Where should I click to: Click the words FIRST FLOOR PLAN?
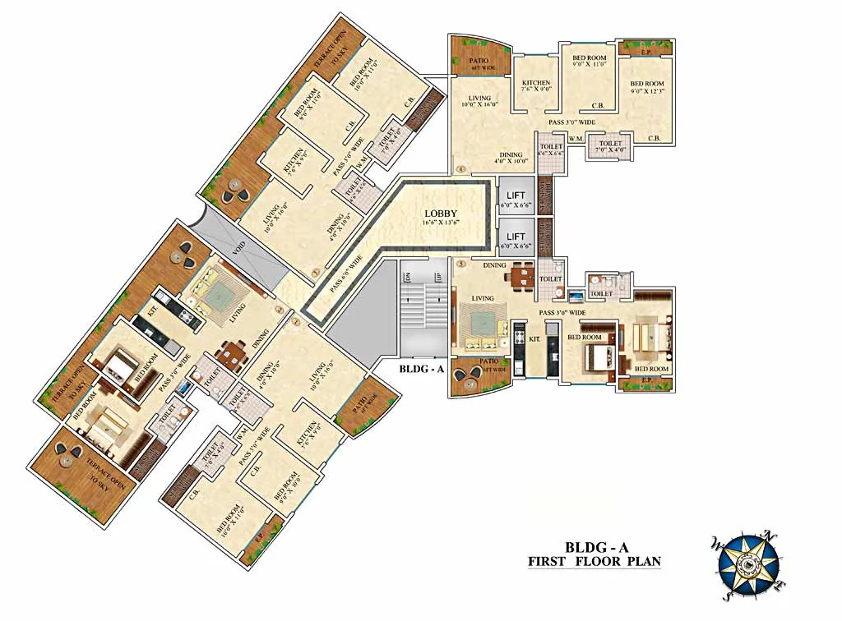click(x=594, y=562)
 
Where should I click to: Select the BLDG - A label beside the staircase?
click(x=422, y=369)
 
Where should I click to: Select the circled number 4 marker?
click(x=462, y=170)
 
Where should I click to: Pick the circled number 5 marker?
click(x=462, y=264)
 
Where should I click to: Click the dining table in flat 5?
click(x=519, y=276)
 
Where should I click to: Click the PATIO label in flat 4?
click(x=479, y=63)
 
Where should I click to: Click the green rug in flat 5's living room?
click(x=476, y=320)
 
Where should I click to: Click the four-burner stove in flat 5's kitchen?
click(x=520, y=336)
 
